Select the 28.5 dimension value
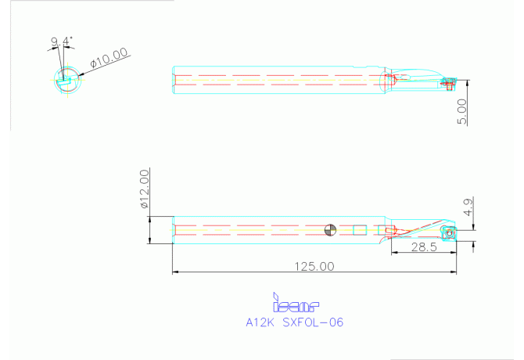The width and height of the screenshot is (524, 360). click(422, 247)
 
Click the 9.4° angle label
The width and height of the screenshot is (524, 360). click(62, 41)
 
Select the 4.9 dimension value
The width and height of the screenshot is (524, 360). click(468, 207)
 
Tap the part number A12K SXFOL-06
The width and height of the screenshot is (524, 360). click(294, 322)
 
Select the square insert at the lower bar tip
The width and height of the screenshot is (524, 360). click(448, 232)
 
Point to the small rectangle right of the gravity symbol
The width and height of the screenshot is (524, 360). click(359, 229)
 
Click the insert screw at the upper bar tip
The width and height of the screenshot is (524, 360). click(448, 82)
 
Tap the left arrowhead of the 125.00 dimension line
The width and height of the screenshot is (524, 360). click(175, 272)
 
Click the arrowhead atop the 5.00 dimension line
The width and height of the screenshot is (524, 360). click(462, 81)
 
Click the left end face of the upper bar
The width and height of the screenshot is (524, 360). click(174, 79)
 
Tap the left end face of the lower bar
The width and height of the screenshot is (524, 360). click(174, 229)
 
